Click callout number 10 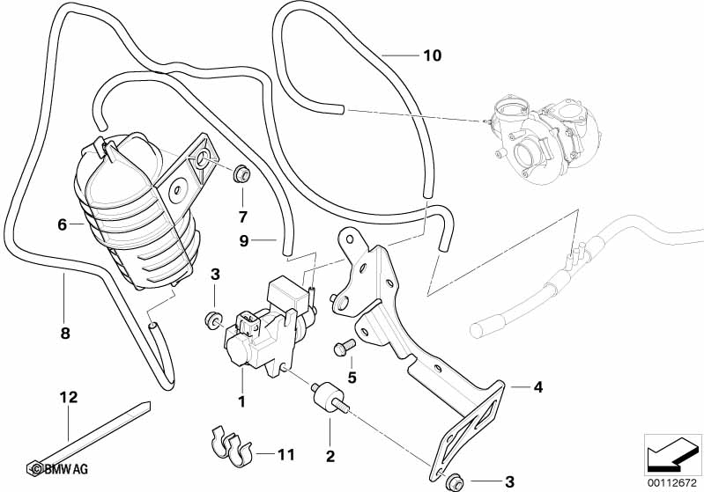click(431, 56)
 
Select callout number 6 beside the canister click(63, 224)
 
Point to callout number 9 click(245, 239)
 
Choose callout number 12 click(68, 398)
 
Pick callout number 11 click(284, 455)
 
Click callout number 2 click(330, 456)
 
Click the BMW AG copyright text click(55, 467)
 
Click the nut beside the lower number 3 click(456, 481)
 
